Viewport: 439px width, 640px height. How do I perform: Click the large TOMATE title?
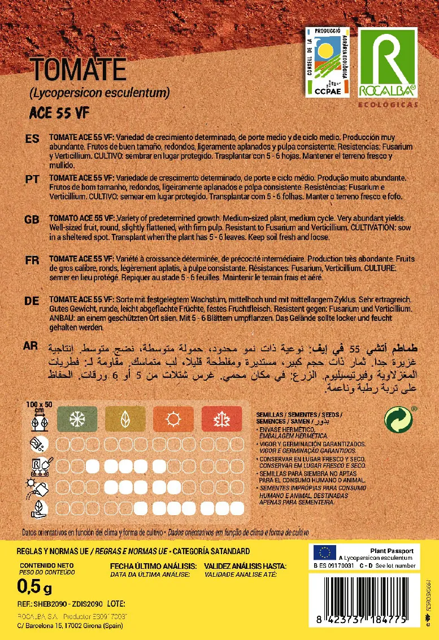pyautogui.click(x=79, y=70)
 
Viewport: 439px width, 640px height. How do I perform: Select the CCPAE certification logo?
pyautogui.click(x=328, y=62)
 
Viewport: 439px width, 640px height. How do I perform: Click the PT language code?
pyautogui.click(x=32, y=178)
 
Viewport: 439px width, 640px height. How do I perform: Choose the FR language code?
pyautogui.click(x=32, y=260)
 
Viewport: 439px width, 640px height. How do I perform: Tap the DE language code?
pyautogui.click(x=32, y=301)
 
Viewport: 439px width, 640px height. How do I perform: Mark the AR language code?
pyautogui.click(x=33, y=345)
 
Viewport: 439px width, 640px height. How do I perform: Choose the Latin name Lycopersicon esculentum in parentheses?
pyautogui.click(x=99, y=92)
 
